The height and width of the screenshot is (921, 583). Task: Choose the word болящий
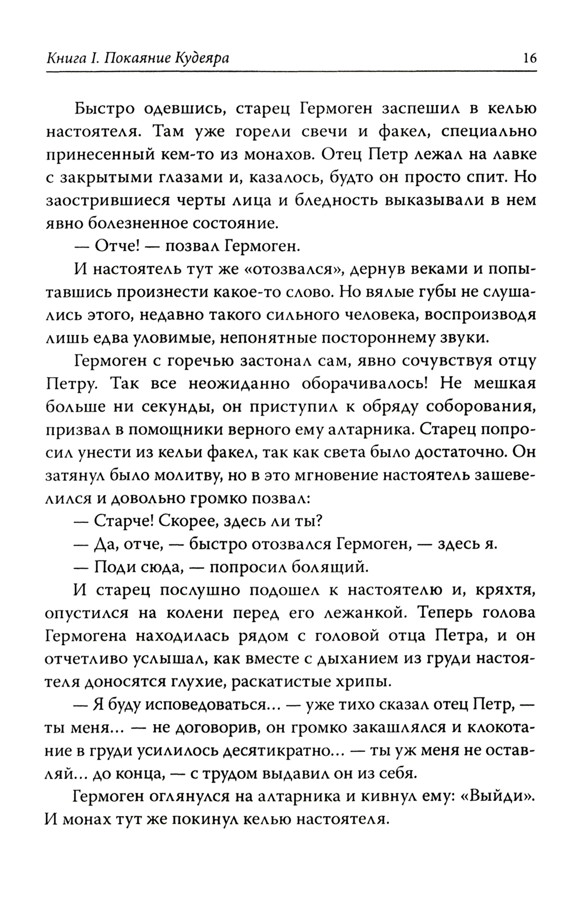coord(331,565)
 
